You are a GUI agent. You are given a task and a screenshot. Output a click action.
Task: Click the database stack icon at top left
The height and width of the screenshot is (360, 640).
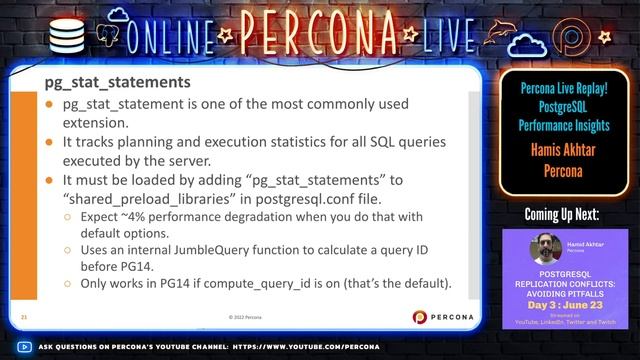(x=66, y=34)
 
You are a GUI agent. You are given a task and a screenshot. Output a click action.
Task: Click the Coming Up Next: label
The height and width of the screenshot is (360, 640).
(x=564, y=214)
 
